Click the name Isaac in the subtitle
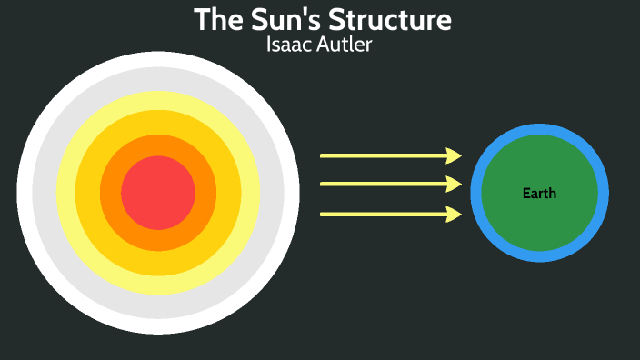[x=289, y=45]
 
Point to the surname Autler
[x=345, y=45]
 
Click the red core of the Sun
[x=158, y=193]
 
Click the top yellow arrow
[x=382, y=155]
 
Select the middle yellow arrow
[x=382, y=185]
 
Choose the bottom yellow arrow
[x=382, y=215]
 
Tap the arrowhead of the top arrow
[x=454, y=155]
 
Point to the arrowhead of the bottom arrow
[x=454, y=215]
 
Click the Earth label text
[x=539, y=194]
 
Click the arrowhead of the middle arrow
[x=454, y=185]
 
